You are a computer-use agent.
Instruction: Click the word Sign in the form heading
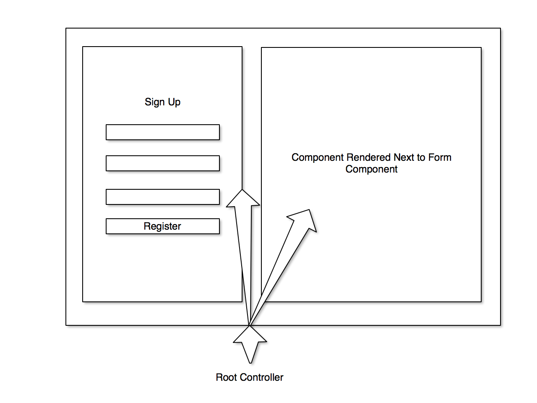click(155, 102)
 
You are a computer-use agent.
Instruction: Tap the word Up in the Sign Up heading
click(175, 102)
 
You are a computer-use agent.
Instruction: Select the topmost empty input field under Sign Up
click(162, 132)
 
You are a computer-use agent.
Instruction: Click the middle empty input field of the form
click(162, 163)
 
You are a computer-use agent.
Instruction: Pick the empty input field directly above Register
click(162, 197)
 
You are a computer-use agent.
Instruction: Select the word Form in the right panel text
click(439, 157)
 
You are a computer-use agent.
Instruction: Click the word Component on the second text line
click(371, 169)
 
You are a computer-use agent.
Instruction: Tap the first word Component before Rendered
click(317, 157)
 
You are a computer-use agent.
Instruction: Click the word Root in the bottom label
click(226, 377)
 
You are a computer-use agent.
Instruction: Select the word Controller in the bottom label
click(261, 377)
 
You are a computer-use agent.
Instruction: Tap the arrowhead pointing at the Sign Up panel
click(243, 199)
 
